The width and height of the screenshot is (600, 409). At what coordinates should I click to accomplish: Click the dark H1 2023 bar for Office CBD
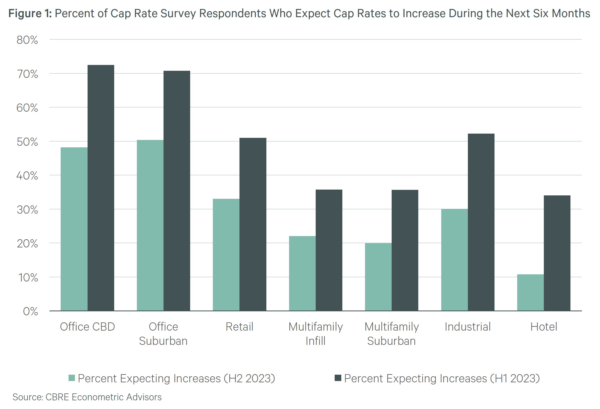(101, 187)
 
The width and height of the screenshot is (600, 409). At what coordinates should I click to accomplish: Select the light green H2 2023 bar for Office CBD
(74, 229)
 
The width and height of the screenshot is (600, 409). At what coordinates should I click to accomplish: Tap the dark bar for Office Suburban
(177, 190)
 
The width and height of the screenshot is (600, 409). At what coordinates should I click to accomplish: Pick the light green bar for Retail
(226, 255)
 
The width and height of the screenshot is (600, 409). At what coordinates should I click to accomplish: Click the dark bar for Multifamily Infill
(329, 250)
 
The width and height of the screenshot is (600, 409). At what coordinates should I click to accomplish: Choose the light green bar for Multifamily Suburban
(378, 276)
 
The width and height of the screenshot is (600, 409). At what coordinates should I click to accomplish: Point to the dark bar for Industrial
(481, 222)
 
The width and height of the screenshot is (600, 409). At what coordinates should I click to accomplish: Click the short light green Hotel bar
(530, 292)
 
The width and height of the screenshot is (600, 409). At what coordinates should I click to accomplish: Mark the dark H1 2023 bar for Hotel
(557, 253)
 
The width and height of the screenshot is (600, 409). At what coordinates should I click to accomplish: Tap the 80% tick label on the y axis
(27, 40)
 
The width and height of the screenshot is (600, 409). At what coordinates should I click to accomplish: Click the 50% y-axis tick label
(27, 142)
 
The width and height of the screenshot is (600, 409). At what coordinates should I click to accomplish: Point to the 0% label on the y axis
(30, 312)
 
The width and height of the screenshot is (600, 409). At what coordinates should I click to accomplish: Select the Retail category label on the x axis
(239, 327)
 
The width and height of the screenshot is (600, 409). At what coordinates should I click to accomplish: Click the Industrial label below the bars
(468, 327)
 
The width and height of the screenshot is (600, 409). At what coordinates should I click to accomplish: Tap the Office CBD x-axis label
(87, 327)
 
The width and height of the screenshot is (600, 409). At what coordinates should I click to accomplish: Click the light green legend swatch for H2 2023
(72, 378)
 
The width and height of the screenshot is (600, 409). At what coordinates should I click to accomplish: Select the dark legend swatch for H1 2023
(338, 378)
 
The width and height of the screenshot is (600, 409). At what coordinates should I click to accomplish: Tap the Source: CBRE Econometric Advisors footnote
(87, 397)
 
